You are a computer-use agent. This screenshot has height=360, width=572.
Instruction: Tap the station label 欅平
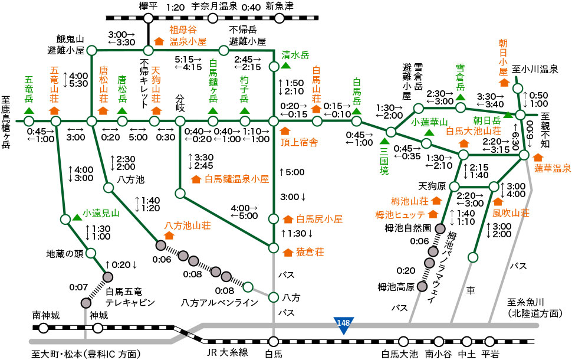tap(147, 7)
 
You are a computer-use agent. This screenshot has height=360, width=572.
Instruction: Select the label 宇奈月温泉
tap(214, 7)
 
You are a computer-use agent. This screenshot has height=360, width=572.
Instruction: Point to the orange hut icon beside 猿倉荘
tap(288, 252)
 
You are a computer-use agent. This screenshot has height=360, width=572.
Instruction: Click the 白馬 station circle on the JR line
tap(273, 341)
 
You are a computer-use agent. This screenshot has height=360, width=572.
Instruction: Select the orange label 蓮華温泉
tap(553, 168)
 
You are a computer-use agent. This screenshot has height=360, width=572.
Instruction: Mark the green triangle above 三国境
tap(384, 140)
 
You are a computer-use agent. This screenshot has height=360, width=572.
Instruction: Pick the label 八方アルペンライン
tap(220, 303)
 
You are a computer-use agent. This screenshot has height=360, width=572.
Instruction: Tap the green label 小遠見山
tap(101, 213)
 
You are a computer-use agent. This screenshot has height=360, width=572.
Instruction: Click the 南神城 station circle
tap(42, 328)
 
